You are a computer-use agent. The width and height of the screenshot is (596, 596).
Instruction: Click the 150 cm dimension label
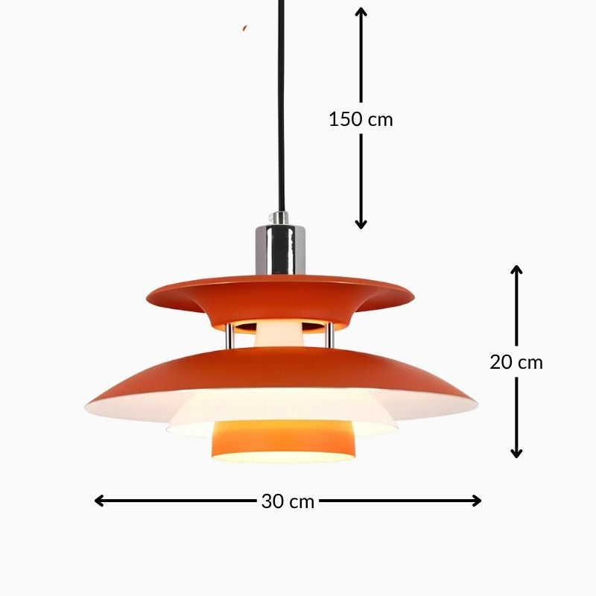coord(361,118)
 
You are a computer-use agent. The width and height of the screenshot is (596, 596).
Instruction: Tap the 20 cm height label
coord(516,362)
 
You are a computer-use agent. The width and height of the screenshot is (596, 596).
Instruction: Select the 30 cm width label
coord(288,501)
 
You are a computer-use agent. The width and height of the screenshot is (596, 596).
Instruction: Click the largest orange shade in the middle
coord(280,370)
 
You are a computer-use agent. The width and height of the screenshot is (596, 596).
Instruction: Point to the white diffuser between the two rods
coord(280,334)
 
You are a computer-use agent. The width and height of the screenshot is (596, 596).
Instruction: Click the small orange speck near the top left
coord(245,28)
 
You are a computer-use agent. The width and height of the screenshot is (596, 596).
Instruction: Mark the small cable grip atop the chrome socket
coord(280,218)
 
